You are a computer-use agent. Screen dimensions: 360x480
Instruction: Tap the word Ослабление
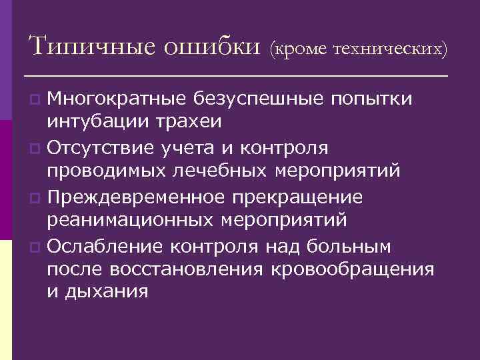107,247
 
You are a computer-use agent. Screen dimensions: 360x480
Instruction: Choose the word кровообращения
353,269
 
